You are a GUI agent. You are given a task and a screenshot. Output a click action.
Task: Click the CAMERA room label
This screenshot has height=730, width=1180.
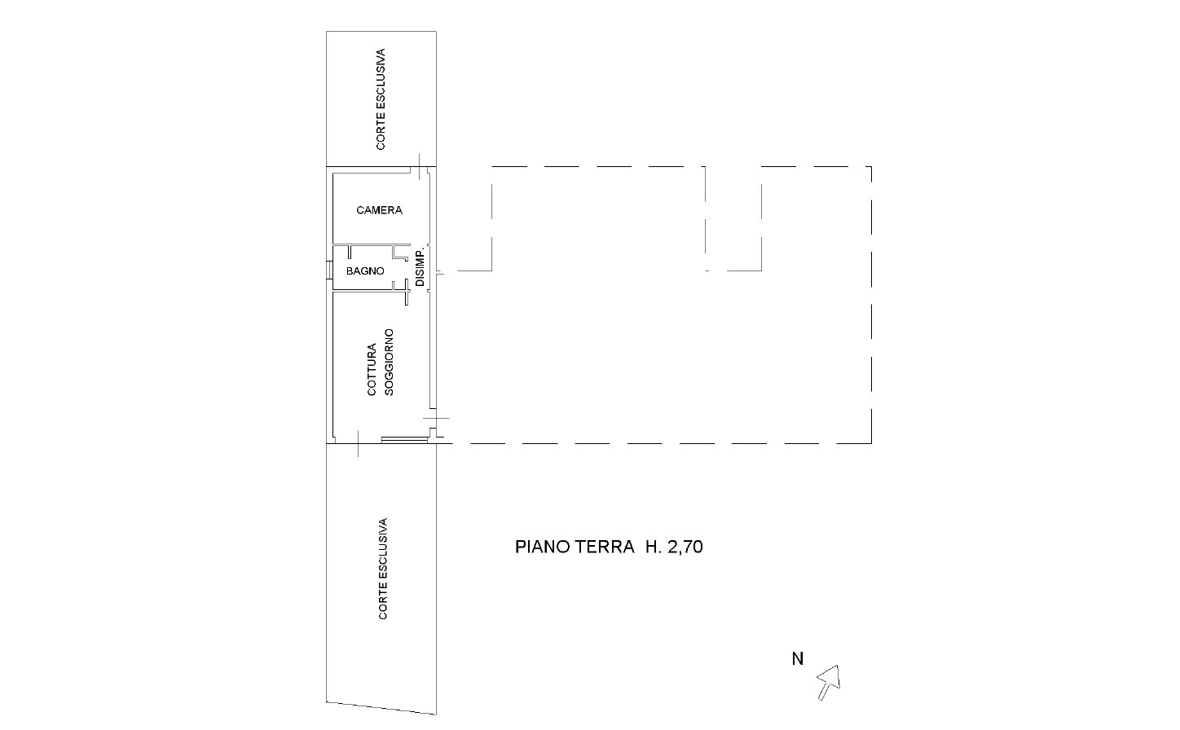point(379,210)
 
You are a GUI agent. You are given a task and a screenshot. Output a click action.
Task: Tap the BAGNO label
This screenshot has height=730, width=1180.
point(365,271)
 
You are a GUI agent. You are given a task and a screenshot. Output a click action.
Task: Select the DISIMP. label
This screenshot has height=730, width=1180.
point(420,267)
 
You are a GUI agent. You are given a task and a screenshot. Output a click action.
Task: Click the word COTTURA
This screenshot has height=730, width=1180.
point(372,369)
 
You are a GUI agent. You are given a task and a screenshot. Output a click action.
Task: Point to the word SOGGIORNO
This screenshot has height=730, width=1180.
point(390,362)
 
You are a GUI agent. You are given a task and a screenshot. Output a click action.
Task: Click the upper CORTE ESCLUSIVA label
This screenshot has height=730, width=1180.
point(381,99)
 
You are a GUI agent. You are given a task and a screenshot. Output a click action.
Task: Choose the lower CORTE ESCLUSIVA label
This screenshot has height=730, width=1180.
point(383,569)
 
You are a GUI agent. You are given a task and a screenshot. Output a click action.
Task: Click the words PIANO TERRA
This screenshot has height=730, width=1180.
point(575,547)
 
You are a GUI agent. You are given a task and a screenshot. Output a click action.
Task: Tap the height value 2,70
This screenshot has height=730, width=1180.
point(685,547)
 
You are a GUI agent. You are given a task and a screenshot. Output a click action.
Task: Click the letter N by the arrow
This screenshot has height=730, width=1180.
point(798,659)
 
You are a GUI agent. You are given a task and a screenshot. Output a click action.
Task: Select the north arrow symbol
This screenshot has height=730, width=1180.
point(829,682)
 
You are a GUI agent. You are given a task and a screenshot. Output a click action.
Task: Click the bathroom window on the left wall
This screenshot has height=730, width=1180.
point(329,270)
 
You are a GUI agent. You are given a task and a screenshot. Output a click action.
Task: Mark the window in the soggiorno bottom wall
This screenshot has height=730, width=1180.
point(404,440)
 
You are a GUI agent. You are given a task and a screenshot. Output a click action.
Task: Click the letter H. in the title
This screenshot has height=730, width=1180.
point(654,547)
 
